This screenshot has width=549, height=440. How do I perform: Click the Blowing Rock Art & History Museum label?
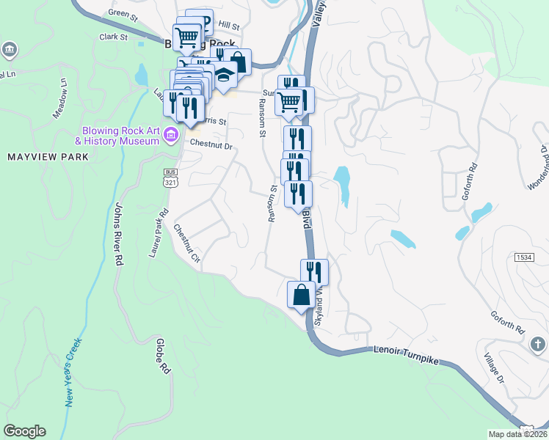tap(117, 135)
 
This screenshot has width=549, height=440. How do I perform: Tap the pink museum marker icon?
tap(171, 134)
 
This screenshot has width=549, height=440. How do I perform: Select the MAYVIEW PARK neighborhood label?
tap(48, 157)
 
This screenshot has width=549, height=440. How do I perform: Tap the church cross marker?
tap(537, 344)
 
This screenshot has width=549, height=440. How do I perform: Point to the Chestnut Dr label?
tap(211, 147)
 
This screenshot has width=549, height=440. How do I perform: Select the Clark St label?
tap(113, 36)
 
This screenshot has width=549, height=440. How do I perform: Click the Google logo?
tap(24, 431)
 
